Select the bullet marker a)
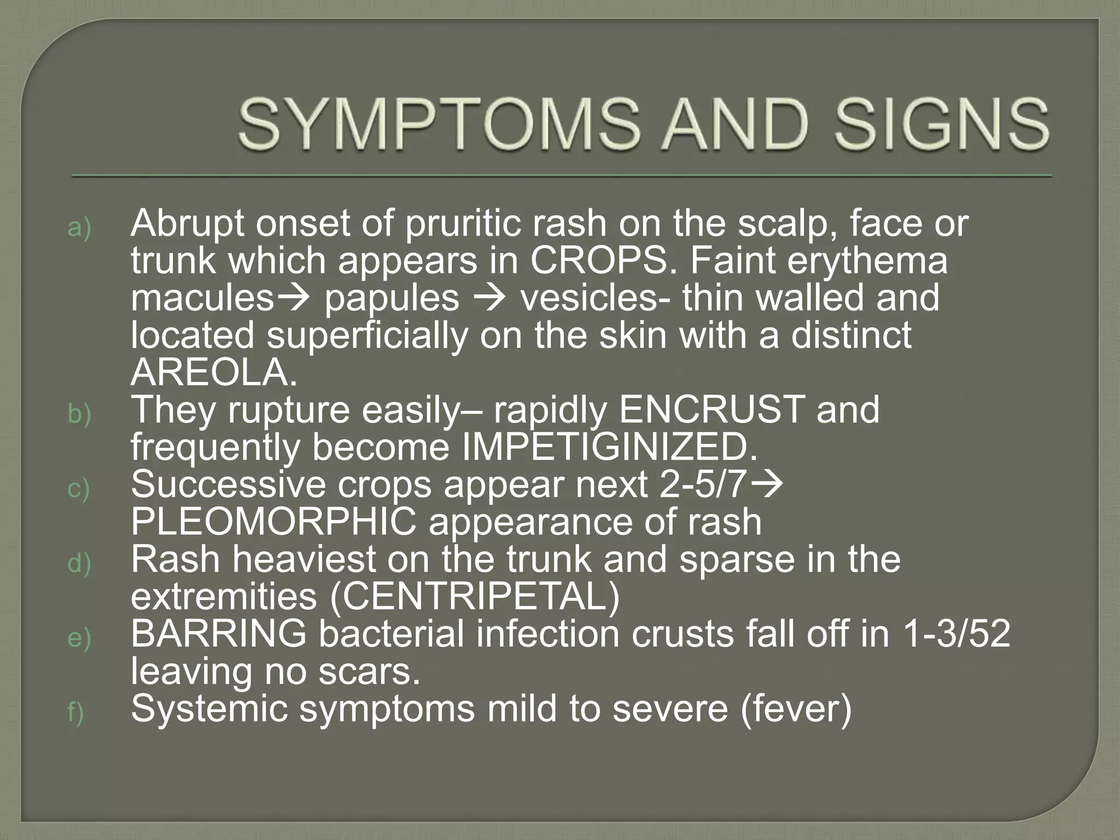click(x=79, y=228)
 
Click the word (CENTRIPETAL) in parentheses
click(x=475, y=597)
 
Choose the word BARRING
click(x=219, y=634)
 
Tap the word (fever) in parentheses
click(x=796, y=709)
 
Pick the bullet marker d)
click(x=79, y=563)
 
